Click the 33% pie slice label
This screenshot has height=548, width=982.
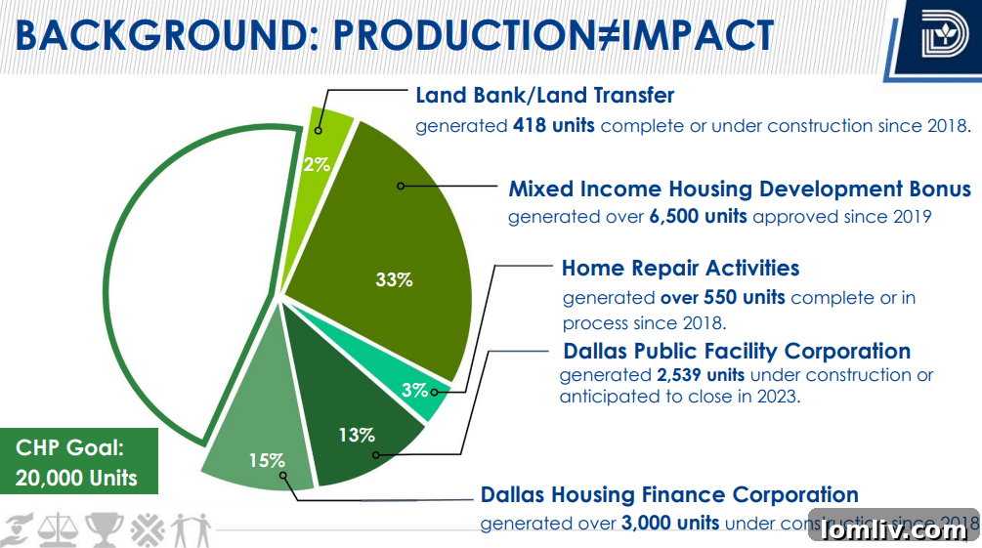[x=394, y=279]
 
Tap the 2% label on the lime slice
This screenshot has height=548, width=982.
[x=317, y=164]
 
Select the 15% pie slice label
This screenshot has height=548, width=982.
[x=265, y=459]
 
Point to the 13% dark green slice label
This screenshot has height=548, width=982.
[x=357, y=435]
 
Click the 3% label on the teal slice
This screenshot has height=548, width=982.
[x=414, y=390]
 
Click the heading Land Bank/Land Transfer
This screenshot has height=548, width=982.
[x=544, y=96]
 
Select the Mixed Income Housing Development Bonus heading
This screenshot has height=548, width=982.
[x=739, y=189]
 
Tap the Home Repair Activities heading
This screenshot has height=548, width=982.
[x=680, y=268]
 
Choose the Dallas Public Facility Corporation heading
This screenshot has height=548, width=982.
[x=737, y=351]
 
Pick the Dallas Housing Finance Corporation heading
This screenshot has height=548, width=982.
[x=669, y=495]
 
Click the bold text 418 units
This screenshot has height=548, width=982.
[x=553, y=126]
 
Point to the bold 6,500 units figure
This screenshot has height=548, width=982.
[x=698, y=217]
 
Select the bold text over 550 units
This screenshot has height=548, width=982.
[x=722, y=297]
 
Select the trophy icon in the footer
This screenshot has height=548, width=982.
[x=101, y=528]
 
